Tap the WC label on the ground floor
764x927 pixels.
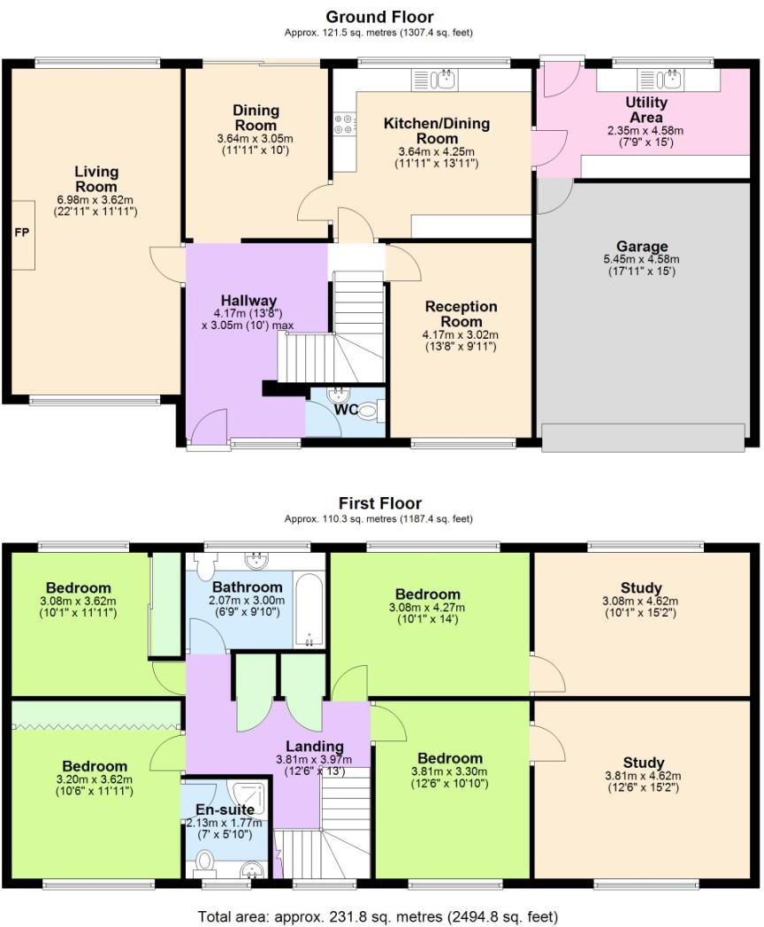coord(346,410)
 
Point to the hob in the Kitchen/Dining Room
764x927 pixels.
coord(343,126)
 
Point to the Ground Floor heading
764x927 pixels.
coord(379,16)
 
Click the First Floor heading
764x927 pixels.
coord(379,502)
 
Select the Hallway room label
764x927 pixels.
coord(249,301)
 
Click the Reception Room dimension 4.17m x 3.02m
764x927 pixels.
coord(462,334)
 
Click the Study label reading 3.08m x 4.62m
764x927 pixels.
coord(642,586)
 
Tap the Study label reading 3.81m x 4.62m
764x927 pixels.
coord(642,762)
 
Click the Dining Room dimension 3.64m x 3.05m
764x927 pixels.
coord(256,138)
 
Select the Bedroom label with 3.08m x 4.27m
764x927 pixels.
coord(428,594)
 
